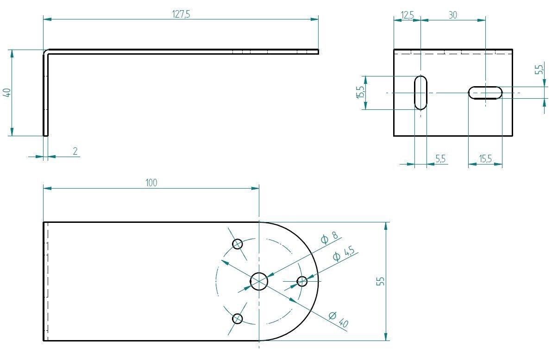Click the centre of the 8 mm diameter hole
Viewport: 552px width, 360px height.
click(259, 281)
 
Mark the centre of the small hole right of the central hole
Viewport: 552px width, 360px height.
click(302, 281)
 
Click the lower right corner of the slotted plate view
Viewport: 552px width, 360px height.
click(512, 136)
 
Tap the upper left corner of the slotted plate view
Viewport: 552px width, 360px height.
click(394, 50)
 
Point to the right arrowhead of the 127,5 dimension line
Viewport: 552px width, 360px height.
click(314, 19)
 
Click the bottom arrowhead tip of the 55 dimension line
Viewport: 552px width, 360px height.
click(386, 341)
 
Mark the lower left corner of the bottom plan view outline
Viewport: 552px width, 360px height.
click(44, 341)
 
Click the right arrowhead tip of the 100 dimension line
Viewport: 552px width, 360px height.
click(259, 188)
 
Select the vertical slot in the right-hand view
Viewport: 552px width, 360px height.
click(420, 93)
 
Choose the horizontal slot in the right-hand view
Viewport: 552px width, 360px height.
click(485, 93)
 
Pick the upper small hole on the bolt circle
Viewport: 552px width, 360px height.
click(238, 244)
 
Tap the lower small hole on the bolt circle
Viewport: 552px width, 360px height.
click(238, 319)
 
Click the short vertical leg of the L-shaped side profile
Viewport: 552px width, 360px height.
click(45, 95)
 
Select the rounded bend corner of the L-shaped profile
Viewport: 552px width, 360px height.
click(46, 52)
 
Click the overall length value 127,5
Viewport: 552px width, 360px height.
click(181, 14)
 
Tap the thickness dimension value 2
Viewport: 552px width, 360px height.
click(75, 151)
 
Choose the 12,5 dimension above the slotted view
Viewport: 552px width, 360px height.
click(408, 15)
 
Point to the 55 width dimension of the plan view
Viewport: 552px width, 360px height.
click(381, 281)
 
